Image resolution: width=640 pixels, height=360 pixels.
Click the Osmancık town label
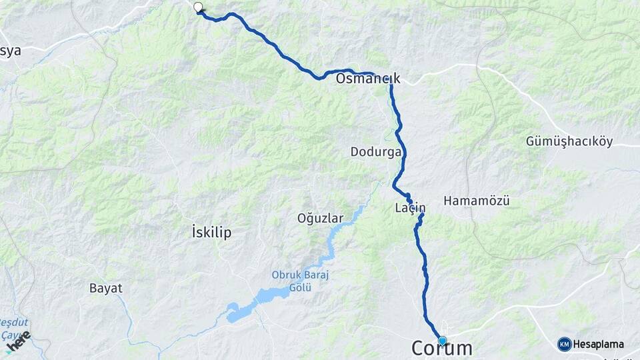[368, 79]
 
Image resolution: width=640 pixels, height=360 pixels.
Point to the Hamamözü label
[476, 200]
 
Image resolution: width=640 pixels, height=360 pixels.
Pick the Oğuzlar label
[320, 218]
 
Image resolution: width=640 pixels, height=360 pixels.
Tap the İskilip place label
[211, 233]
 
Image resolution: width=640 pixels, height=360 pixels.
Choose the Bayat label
[105, 288]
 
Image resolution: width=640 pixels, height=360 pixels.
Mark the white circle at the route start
[197, 7]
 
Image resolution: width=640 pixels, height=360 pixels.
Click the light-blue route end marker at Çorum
[442, 341]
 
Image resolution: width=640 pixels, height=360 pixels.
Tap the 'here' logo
[18, 340]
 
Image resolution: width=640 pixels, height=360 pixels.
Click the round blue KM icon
[564, 344]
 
